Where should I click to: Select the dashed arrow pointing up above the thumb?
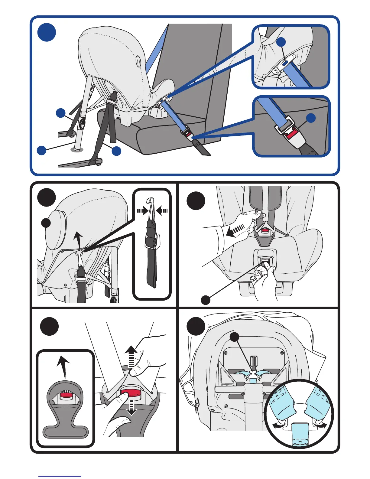131,357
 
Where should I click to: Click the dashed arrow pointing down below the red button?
131,408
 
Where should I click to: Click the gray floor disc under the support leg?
77,150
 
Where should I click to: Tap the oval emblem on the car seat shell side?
138,61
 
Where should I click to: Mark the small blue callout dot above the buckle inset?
311,118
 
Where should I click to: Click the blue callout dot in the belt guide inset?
281,42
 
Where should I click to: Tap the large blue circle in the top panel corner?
47,32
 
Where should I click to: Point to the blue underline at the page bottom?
60,476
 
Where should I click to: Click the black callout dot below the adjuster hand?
206,300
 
